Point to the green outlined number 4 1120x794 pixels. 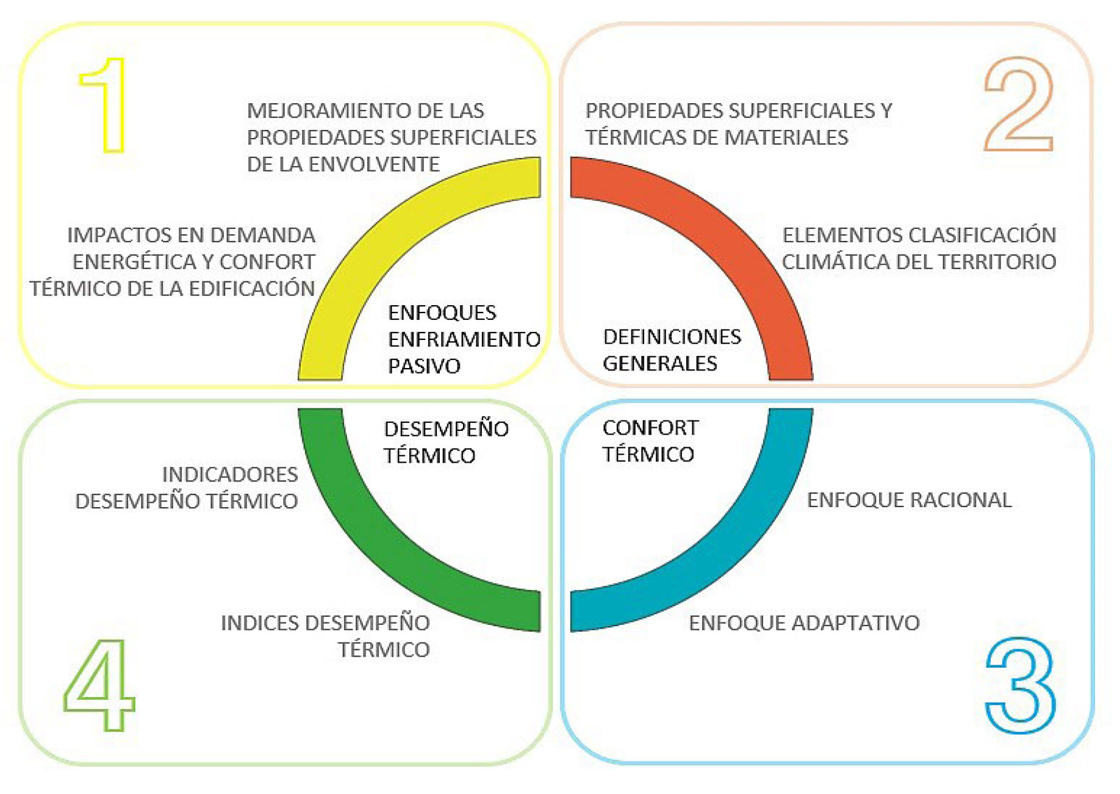tap(99, 685)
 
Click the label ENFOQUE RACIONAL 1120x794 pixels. tap(909, 500)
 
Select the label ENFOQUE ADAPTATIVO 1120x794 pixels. tap(804, 623)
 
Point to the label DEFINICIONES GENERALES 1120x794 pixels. tap(672, 350)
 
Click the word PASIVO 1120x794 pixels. tap(424, 366)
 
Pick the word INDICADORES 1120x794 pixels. tap(230, 474)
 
